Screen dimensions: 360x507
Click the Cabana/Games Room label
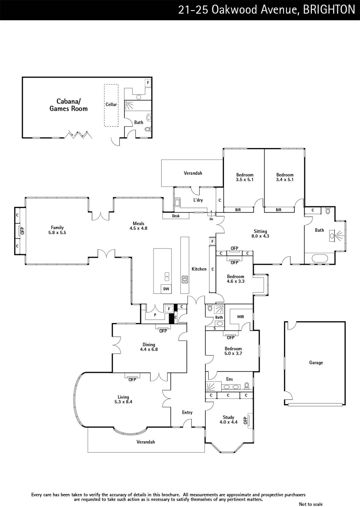pyautogui.click(x=69, y=105)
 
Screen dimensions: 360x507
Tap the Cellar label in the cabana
pyautogui.click(x=111, y=104)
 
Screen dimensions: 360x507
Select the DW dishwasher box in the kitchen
pyautogui.click(x=166, y=289)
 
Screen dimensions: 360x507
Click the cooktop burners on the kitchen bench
pyautogui.click(x=185, y=279)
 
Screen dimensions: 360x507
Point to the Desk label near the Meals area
pyautogui.click(x=176, y=216)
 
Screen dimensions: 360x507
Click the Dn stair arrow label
pyautogui.click(x=211, y=219)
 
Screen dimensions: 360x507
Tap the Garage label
pyautogui.click(x=316, y=363)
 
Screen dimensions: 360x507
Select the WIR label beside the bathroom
pyautogui.click(x=241, y=317)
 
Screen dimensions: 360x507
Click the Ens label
pyautogui.click(x=230, y=379)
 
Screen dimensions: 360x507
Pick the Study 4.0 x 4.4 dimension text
pyautogui.click(x=228, y=422)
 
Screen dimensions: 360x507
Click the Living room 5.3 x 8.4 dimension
pyautogui.click(x=123, y=402)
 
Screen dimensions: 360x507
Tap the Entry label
pyautogui.click(x=187, y=413)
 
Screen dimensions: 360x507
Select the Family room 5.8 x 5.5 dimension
pyautogui.click(x=57, y=233)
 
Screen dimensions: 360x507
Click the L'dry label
pyautogui.click(x=198, y=200)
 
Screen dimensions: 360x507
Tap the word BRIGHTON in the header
pyautogui.click(x=329, y=10)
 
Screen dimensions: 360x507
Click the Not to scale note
pyautogui.click(x=311, y=504)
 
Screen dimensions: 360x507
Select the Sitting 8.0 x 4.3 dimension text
pyautogui.click(x=260, y=236)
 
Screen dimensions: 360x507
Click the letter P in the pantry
pyautogui.click(x=155, y=315)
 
